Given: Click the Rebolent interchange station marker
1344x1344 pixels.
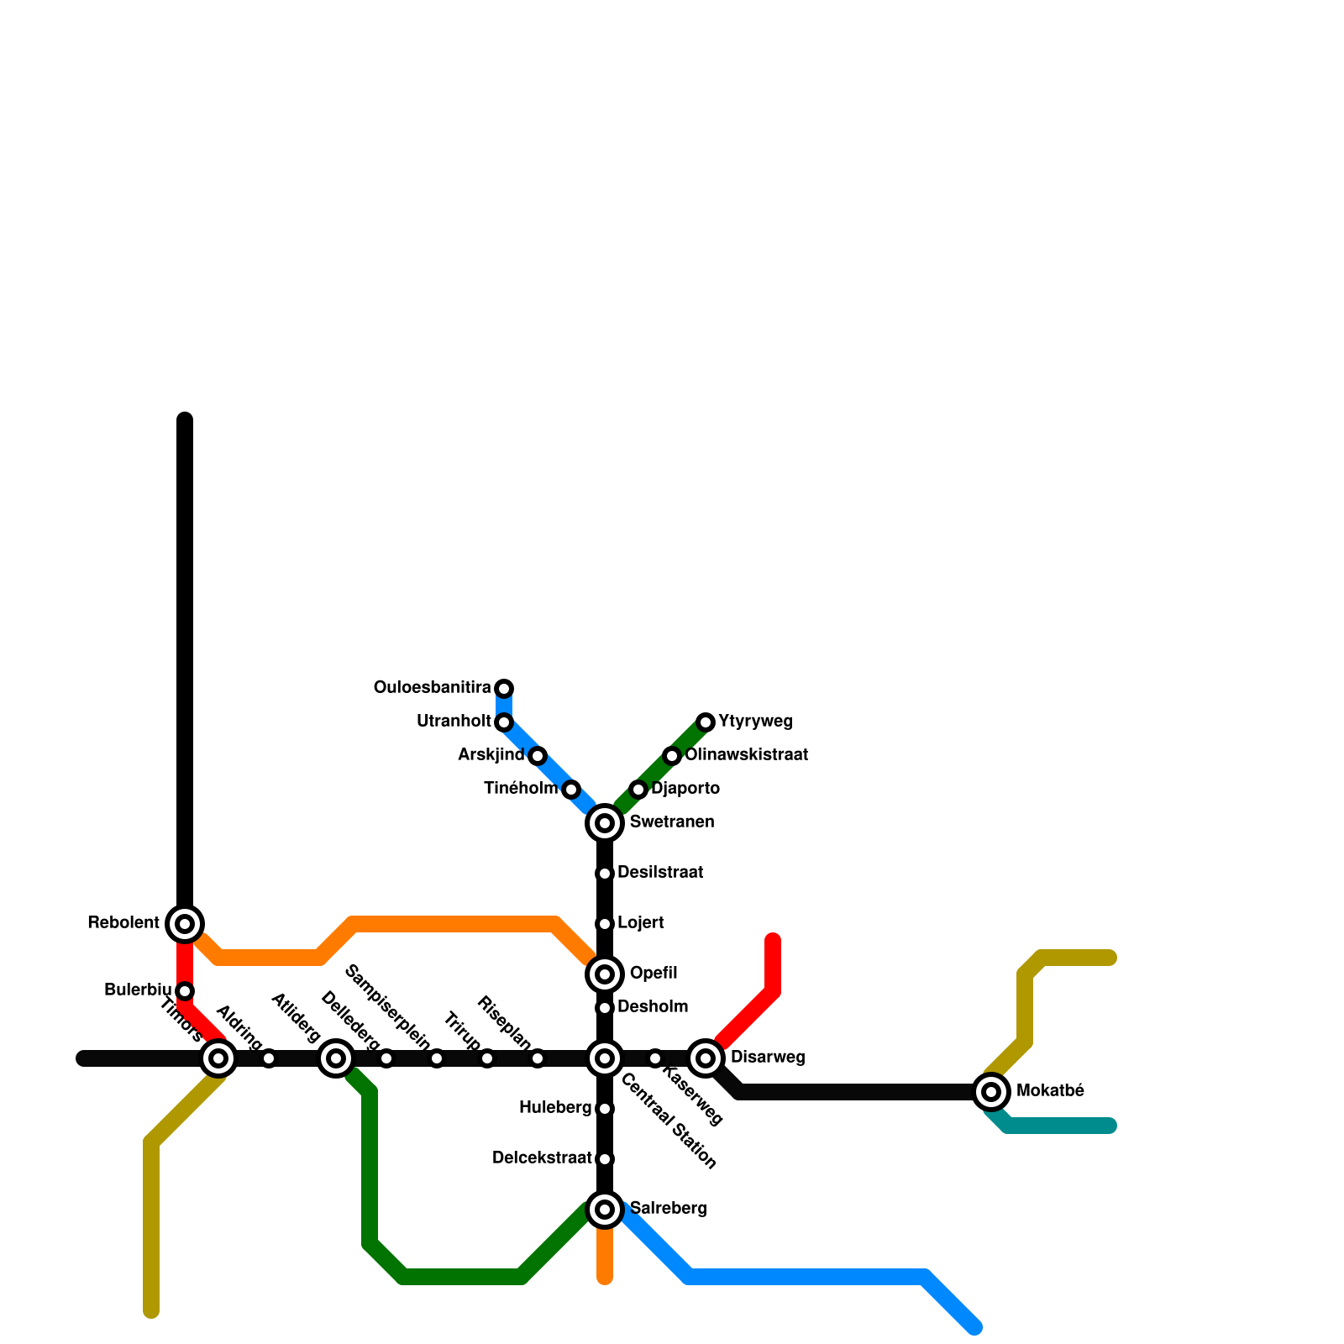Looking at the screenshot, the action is (185, 924).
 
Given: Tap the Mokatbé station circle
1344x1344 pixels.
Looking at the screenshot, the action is (991, 1092).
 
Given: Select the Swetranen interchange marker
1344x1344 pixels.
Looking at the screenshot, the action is (605, 823).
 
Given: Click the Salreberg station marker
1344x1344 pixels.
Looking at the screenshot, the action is (605, 1210).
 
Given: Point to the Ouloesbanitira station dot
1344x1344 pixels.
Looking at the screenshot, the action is (504, 689).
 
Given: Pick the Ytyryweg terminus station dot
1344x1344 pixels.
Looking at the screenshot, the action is (706, 722).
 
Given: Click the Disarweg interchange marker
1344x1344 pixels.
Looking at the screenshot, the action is (706, 1058).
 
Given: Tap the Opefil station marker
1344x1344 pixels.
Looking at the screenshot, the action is (605, 974).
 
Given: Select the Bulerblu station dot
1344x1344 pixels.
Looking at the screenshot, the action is (185, 991).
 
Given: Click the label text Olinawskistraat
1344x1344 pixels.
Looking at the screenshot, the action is (746, 755).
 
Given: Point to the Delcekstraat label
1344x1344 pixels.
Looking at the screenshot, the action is (542, 1158).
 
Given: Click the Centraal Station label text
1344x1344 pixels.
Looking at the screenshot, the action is (669, 1121).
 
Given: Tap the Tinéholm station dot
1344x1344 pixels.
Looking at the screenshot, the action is (571, 790).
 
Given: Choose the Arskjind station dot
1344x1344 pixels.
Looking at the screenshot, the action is (538, 756).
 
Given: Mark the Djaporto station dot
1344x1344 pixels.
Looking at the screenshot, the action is (638, 790).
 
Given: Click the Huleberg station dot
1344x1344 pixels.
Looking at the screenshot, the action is (605, 1109).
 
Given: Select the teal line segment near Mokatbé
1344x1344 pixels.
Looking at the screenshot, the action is (1058, 1126).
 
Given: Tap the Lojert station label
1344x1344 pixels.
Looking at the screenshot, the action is (640, 923).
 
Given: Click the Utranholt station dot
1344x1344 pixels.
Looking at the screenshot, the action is (504, 722).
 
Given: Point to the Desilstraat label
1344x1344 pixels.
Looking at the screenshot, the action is (659, 873).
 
